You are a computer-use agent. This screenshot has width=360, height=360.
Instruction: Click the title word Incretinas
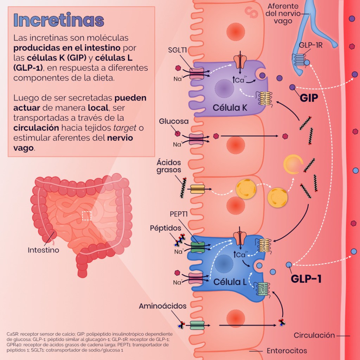[58, 21]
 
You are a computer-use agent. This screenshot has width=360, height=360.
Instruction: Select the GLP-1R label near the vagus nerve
[311, 45]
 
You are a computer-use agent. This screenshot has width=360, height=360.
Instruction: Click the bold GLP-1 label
[306, 279]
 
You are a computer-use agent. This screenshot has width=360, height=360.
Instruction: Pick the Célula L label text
[230, 282]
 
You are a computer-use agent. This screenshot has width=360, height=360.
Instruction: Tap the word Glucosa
[174, 121]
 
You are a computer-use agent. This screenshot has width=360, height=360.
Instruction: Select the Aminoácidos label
[162, 306]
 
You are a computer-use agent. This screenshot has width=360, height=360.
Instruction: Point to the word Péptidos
[166, 228]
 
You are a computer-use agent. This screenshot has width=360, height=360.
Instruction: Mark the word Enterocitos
[287, 351]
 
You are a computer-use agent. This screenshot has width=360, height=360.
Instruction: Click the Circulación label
[314, 335]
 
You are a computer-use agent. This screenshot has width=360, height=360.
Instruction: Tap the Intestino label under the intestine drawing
[43, 250]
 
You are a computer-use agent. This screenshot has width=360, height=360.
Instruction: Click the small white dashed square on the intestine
[86, 216]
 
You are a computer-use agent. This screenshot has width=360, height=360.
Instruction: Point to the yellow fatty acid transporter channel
[197, 189]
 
